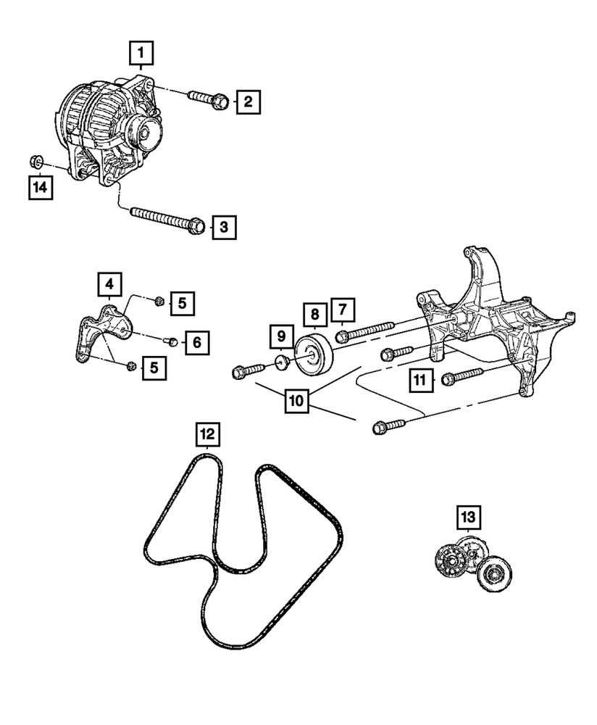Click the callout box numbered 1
141,52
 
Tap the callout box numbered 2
247,101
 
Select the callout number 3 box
224,228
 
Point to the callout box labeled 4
109,283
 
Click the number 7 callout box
343,310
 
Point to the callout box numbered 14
42,188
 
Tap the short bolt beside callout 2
206,99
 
